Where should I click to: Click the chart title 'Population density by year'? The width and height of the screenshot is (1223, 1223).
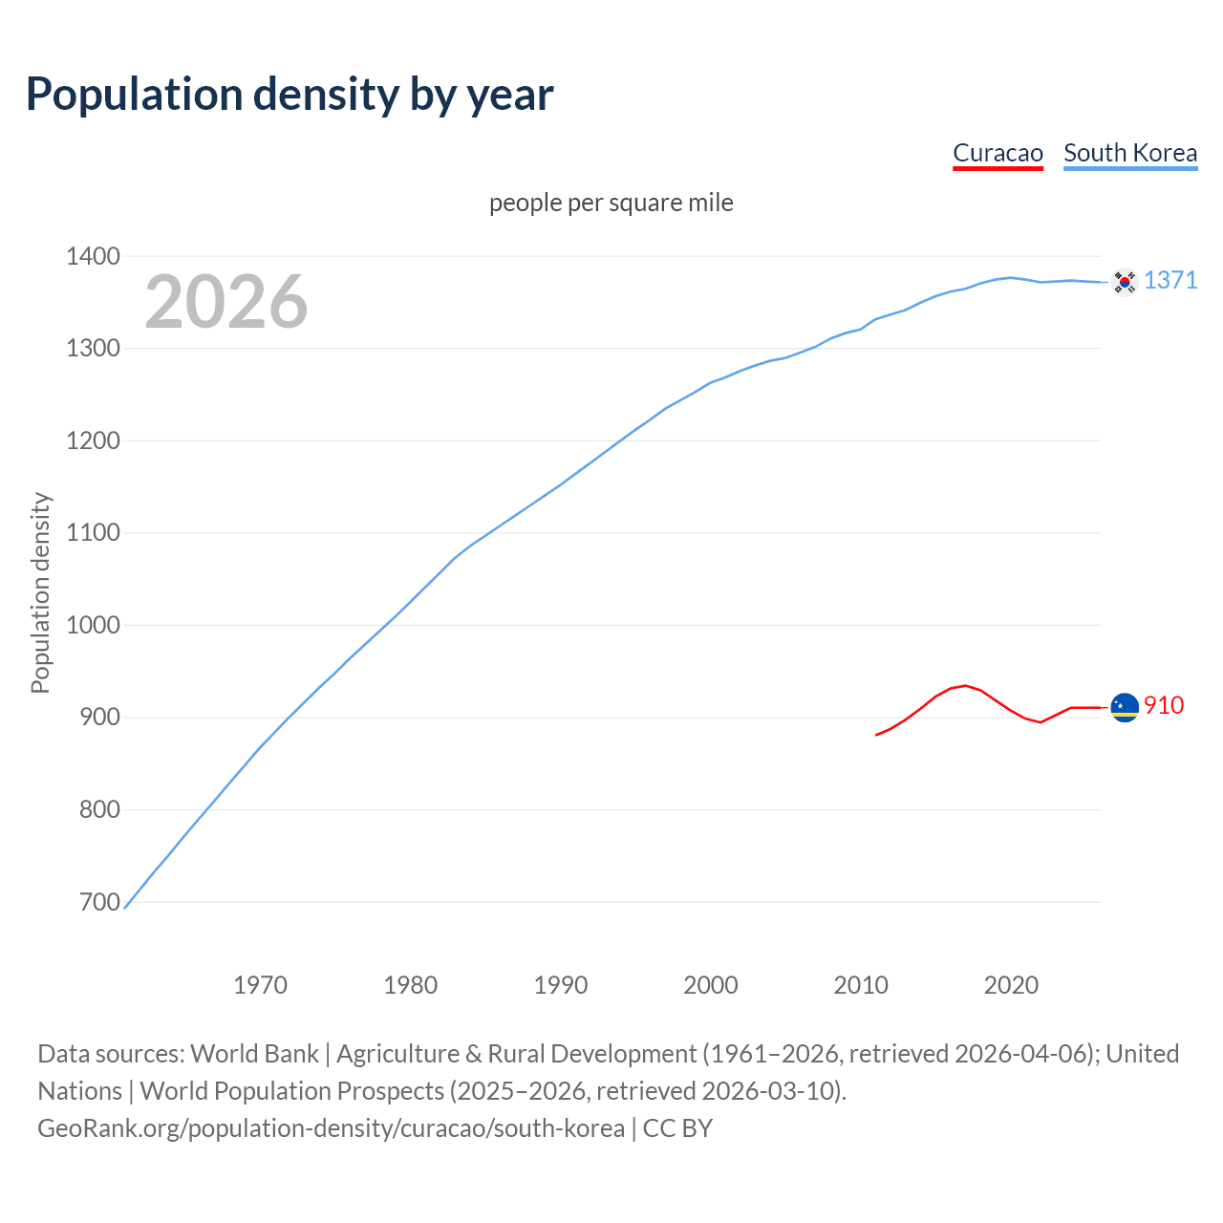290,95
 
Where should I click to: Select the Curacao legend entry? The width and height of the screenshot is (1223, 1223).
998,154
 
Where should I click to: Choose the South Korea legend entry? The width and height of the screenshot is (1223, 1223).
1129,154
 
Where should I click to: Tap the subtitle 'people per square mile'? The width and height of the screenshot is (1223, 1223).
611,204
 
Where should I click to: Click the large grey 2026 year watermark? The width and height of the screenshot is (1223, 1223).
226,302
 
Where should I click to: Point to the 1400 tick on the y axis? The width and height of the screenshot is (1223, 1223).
93,256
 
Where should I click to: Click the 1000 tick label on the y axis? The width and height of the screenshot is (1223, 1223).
93,625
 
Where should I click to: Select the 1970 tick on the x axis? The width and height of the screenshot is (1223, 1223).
260,985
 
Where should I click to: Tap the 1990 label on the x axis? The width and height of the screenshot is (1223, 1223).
561,985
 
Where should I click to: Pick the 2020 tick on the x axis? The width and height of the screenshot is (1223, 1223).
1011,985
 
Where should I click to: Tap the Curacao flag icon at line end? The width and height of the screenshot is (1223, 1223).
1125,707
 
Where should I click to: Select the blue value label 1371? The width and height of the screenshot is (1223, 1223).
1170,280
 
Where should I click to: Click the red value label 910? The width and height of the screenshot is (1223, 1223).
1164,705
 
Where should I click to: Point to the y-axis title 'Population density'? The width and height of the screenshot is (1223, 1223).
40,592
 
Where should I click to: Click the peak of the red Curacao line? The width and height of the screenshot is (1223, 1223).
966,685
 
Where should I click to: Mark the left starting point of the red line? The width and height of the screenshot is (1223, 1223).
876,735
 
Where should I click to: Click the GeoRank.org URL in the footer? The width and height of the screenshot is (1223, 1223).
331,1128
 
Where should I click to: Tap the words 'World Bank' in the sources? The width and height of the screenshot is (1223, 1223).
254,1054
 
